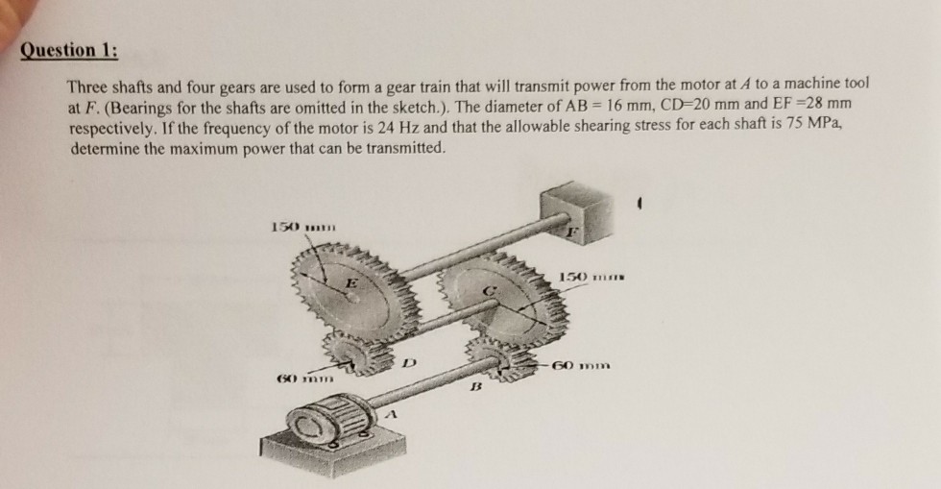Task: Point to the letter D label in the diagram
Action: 409,364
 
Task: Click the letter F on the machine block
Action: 574,231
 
